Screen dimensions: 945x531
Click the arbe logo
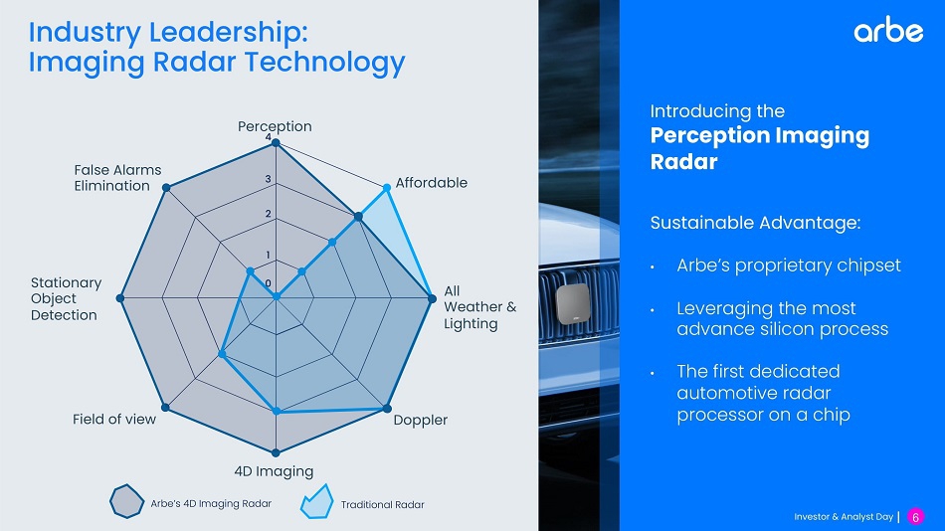click(888, 30)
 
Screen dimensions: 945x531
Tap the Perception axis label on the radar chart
click(275, 126)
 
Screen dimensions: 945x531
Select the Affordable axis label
click(431, 183)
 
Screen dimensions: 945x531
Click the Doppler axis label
click(420, 420)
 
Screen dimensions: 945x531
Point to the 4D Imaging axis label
click(274, 470)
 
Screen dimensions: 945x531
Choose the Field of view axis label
click(114, 419)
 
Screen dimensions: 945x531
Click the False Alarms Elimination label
click(117, 178)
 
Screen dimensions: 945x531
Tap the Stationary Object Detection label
click(66, 298)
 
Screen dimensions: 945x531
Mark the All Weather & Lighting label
click(479, 307)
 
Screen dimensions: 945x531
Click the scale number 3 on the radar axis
click(269, 179)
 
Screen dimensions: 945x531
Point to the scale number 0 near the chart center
click(269, 283)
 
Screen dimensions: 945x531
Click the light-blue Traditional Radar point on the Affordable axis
click(387, 188)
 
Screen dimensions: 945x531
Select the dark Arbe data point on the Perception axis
click(276, 143)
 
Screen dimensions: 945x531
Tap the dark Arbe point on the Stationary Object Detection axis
click(120, 298)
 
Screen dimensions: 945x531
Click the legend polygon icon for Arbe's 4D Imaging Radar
click(127, 501)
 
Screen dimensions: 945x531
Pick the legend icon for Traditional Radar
click(317, 501)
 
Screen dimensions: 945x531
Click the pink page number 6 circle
click(915, 516)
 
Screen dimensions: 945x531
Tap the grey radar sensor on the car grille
click(573, 303)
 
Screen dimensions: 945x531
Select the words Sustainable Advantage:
click(755, 223)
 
